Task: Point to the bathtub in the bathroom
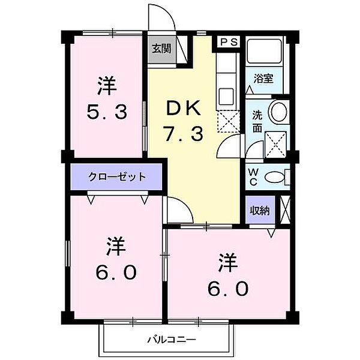tap(265, 54)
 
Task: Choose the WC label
tap(253, 178)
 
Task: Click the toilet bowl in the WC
tap(275, 177)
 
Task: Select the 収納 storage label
tap(259, 211)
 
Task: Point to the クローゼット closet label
tap(116, 177)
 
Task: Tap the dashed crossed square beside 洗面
tap(275, 143)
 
